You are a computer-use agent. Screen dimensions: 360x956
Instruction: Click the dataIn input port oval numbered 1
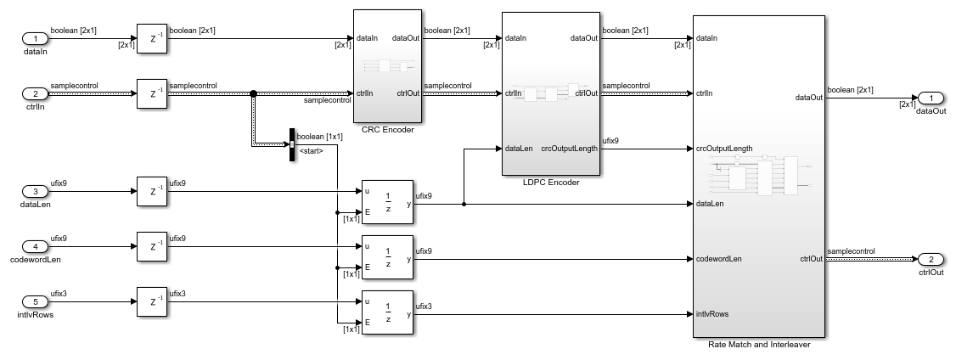coord(36,39)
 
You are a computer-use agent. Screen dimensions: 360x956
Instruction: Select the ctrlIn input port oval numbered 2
coord(36,93)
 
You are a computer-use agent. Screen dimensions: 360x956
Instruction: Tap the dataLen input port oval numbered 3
coord(36,191)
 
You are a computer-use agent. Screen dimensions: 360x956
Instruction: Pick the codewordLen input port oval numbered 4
coord(36,247)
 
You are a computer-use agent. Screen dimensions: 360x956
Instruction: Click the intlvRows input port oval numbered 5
coord(36,301)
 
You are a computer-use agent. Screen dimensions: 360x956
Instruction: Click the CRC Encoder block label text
coord(387,130)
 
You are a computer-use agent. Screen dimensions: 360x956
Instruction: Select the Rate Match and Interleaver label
coord(758,345)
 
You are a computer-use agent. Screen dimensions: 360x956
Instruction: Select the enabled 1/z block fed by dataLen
coord(387,204)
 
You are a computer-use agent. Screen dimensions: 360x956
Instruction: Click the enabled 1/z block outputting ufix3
coord(387,314)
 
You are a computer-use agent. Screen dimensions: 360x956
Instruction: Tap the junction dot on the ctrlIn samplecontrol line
coord(253,93)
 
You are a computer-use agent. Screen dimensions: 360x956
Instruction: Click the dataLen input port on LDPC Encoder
coord(519,149)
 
